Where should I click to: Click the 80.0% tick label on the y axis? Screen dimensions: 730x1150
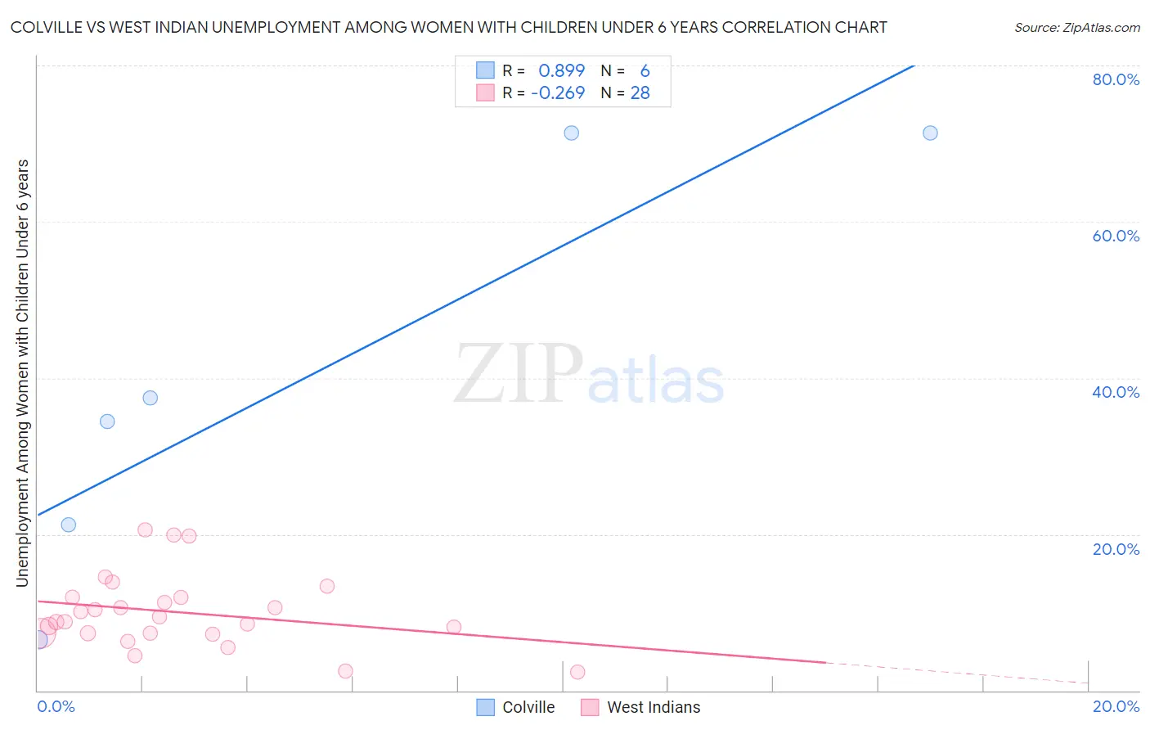tap(1116, 79)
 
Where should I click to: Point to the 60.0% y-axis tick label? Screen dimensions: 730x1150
tap(1116, 236)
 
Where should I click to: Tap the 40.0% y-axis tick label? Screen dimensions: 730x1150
tap(1116, 392)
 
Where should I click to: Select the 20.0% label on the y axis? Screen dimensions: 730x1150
tap(1116, 549)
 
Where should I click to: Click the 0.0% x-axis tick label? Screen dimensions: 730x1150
tap(56, 706)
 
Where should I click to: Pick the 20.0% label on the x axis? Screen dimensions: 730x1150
tap(1116, 706)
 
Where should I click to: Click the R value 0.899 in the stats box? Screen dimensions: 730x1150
tap(561, 71)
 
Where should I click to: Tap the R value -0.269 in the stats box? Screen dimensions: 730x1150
tap(558, 93)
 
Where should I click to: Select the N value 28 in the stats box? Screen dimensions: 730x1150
tap(640, 93)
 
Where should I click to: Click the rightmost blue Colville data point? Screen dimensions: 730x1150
tap(930, 133)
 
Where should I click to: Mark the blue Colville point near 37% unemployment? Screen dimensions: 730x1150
tap(150, 398)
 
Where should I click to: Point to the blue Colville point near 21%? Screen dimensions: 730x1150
tap(69, 525)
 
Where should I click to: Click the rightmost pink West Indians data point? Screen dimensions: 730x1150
tap(577, 672)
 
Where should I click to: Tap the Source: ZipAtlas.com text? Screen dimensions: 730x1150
tap(1076, 28)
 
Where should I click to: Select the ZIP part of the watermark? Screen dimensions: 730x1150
tap(518, 373)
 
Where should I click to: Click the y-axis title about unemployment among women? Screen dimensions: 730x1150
tap(23, 372)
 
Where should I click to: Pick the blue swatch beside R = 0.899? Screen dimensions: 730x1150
tap(485, 70)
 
